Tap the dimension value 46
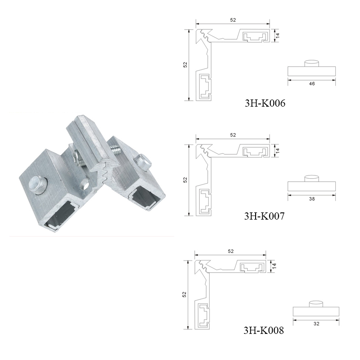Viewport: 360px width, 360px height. [312, 84]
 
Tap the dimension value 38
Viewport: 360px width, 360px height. [311, 198]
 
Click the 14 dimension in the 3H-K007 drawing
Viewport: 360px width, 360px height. [278, 150]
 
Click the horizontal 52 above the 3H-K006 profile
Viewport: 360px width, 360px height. [233, 20]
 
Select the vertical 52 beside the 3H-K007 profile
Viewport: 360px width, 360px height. [184, 180]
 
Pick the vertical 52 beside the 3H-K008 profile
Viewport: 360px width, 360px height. [184, 294]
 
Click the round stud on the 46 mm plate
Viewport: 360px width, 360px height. [312, 63]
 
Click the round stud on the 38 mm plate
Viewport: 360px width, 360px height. [311, 178]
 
